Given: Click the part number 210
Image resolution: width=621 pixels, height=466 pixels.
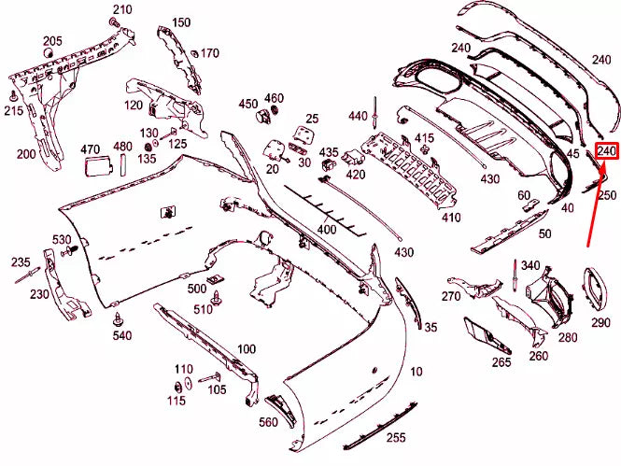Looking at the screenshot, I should (x=122, y=10).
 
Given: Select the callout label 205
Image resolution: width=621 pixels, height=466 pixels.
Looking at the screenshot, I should (x=52, y=41).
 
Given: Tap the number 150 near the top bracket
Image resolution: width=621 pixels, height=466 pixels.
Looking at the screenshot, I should (x=181, y=22).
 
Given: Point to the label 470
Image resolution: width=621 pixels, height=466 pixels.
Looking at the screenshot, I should (x=91, y=148).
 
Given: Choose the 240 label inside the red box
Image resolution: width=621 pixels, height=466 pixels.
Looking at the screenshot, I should (x=607, y=151).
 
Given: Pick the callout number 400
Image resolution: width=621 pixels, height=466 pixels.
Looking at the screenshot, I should (x=327, y=229).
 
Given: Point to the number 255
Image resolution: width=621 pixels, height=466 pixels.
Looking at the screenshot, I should (x=396, y=437).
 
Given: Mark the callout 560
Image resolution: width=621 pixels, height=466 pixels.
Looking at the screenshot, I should (x=269, y=423).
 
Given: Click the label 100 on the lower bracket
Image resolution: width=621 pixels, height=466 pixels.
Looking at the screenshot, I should (x=247, y=349).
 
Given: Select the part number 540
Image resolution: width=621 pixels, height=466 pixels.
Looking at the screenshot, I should (x=122, y=334).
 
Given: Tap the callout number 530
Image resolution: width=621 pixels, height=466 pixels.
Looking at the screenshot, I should (x=63, y=240).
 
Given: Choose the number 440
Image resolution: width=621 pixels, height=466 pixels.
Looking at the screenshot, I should (x=359, y=116).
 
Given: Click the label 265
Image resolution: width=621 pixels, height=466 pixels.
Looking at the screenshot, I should (x=501, y=362).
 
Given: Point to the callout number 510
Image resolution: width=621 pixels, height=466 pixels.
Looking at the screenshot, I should (x=203, y=309).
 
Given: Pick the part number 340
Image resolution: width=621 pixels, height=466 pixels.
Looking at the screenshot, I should (x=530, y=266).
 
